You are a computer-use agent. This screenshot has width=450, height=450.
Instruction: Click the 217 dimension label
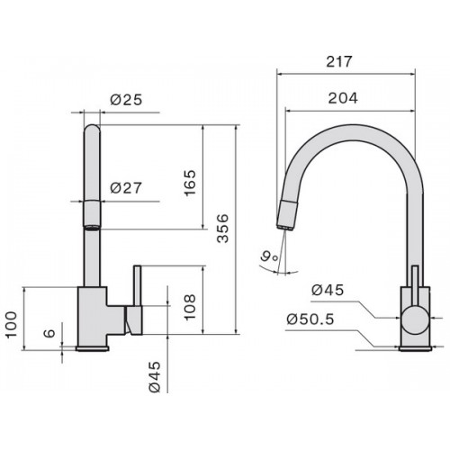coord(338,61)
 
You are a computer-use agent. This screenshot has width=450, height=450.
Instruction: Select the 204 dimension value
coord(343,98)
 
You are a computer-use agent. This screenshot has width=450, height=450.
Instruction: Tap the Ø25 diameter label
coord(126,100)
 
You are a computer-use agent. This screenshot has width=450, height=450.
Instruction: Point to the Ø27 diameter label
coord(126,188)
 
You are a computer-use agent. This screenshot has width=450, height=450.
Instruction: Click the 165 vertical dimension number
coord(190,183)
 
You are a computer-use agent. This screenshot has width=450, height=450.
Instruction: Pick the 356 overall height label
coord(222,228)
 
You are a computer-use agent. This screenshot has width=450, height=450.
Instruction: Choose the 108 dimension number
coord(190,307)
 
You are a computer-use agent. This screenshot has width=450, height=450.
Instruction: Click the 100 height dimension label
coord(11,325)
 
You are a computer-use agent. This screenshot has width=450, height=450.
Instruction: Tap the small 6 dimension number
coord(49,333)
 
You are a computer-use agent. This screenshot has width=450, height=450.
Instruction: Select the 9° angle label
coord(269,256)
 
